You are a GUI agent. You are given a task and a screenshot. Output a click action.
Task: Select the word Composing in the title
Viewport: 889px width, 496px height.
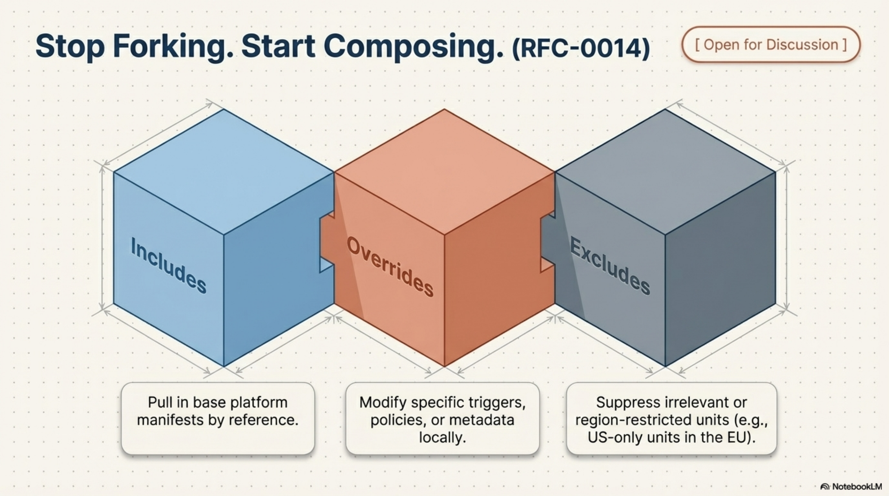413,46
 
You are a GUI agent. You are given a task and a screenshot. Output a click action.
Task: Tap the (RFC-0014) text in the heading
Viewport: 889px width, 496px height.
581,49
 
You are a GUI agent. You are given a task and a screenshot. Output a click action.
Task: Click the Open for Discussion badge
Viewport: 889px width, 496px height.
771,45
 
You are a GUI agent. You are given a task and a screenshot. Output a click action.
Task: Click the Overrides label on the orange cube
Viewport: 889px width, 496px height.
390,266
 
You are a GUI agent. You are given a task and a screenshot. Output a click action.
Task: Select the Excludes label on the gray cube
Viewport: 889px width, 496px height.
610,266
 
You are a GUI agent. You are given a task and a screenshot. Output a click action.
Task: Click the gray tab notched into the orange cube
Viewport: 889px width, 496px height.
547,241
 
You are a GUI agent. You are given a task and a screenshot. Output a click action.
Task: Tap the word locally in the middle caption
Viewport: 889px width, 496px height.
442,438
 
